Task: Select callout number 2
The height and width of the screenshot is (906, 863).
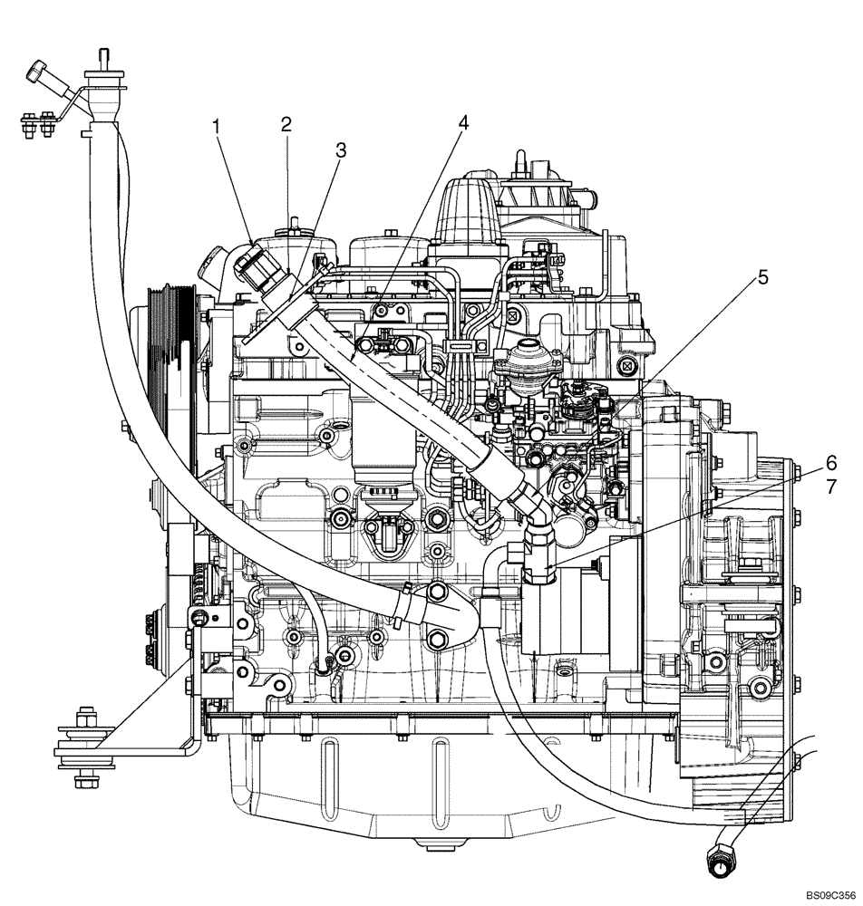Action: click(286, 124)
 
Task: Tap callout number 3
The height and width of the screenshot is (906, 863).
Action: click(340, 151)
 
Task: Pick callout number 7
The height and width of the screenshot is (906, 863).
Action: click(830, 487)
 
